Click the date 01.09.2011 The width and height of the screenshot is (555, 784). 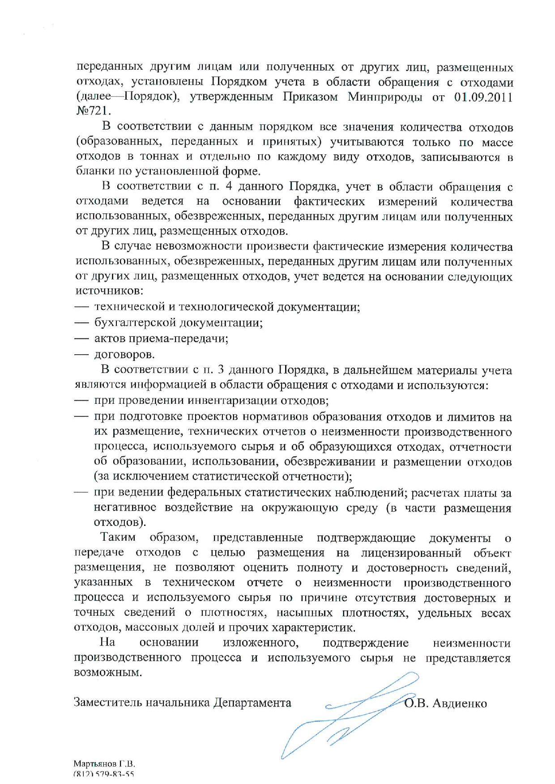[483, 97]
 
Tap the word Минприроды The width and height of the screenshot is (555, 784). [385, 97]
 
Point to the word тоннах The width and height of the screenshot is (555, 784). [160, 157]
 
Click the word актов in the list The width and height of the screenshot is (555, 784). [109, 339]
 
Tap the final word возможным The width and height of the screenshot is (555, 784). [107, 672]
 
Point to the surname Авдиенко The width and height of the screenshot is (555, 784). [460, 703]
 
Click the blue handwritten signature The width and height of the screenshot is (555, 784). [340, 716]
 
